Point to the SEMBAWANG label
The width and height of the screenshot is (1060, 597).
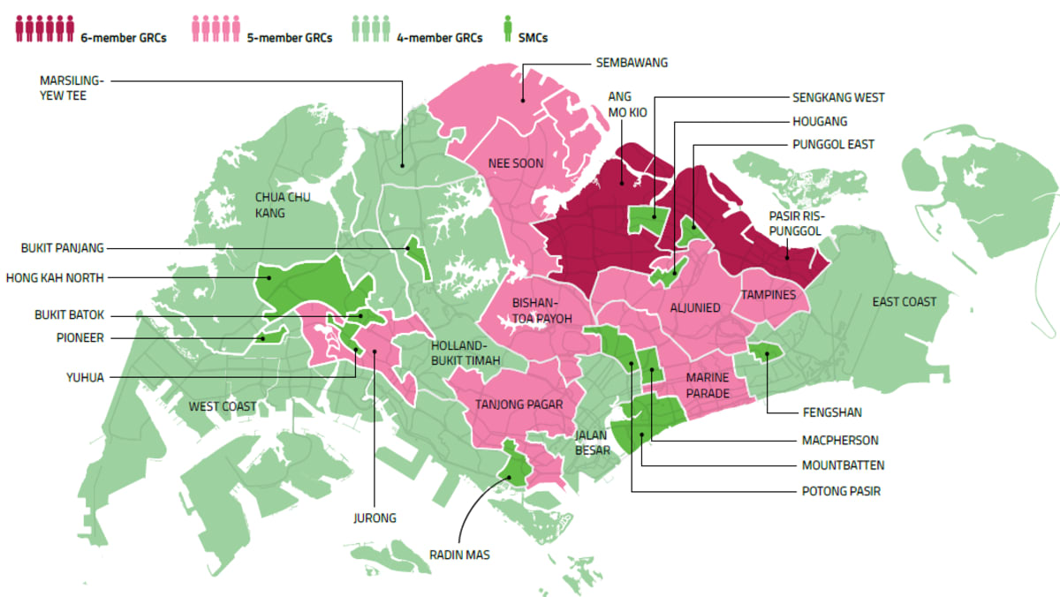click(x=632, y=63)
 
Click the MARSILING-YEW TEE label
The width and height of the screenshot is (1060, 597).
click(x=72, y=87)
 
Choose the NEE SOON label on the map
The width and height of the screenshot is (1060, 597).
click(x=516, y=163)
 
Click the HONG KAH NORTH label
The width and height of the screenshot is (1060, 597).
click(x=55, y=277)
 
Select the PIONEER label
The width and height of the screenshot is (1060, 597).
click(x=81, y=337)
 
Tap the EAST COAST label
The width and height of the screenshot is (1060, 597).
click(x=904, y=302)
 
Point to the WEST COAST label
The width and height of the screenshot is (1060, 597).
click(x=223, y=406)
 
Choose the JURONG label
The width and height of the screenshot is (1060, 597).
click(x=375, y=518)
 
